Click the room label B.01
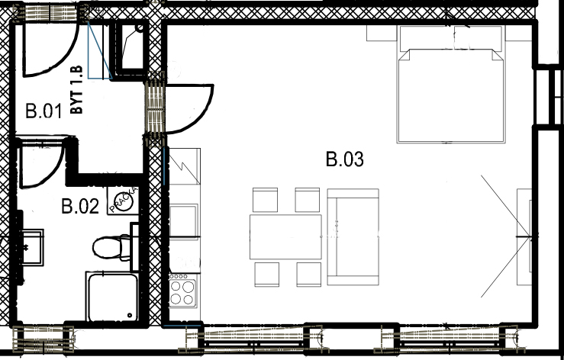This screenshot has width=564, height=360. (x=44, y=111)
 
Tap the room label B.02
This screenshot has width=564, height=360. (x=80, y=207)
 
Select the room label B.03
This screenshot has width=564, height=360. (x=345, y=159)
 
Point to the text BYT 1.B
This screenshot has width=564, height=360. (x=76, y=90)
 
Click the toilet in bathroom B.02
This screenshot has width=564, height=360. (x=111, y=247)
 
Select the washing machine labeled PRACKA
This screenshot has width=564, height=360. (x=123, y=201)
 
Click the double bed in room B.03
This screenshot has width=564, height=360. (x=451, y=84)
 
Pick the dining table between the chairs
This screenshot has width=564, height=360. (x=285, y=236)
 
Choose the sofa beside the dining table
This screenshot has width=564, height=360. (x=353, y=236)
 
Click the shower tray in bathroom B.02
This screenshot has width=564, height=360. (x=112, y=297)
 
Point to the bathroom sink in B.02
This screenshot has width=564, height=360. (x=33, y=247)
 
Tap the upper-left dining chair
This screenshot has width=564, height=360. (x=265, y=200)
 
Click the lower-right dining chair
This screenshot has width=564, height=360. (x=308, y=275)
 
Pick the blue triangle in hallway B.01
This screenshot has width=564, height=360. (x=100, y=50)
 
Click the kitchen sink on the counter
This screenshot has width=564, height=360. (x=183, y=221)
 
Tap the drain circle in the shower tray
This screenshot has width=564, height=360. (x=130, y=316)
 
